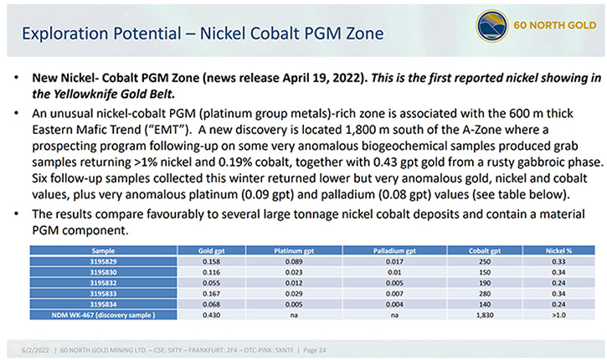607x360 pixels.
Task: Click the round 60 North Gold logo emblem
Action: (x=491, y=26)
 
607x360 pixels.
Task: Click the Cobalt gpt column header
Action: (x=485, y=251)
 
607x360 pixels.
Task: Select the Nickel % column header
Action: (x=558, y=251)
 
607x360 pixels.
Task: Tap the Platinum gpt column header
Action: (x=294, y=251)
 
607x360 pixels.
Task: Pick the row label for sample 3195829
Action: (x=103, y=262)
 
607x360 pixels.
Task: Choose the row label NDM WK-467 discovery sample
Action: (x=103, y=315)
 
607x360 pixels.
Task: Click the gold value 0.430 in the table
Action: (x=211, y=315)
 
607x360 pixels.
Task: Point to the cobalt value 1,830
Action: (x=485, y=315)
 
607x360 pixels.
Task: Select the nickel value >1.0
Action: (x=558, y=315)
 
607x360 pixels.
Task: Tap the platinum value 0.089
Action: (x=294, y=262)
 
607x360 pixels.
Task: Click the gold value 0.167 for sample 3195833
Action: (x=211, y=294)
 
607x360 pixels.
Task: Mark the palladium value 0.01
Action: (x=394, y=273)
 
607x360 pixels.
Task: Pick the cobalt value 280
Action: (x=485, y=294)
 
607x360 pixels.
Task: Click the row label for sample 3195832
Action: (x=103, y=283)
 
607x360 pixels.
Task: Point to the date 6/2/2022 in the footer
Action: (x=36, y=350)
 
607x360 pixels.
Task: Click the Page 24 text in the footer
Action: (x=314, y=350)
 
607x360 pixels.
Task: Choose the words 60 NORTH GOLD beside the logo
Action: (x=555, y=26)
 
